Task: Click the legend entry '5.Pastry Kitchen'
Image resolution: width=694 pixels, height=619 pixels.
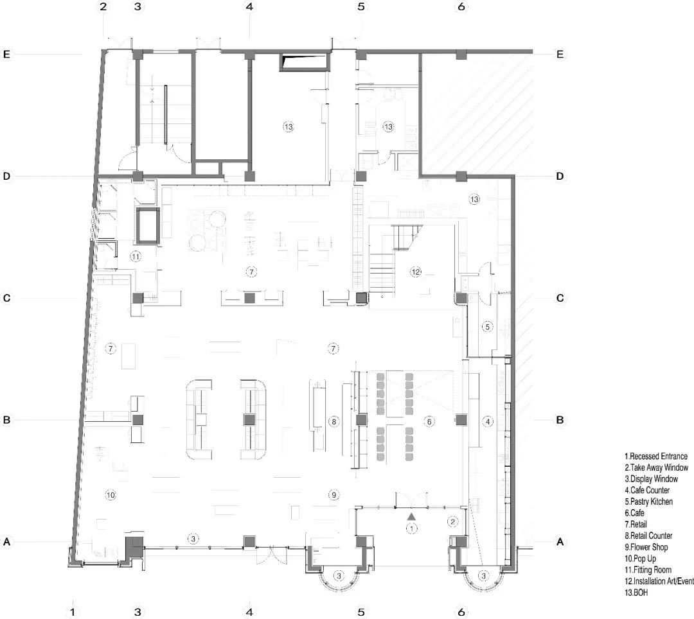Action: tap(648, 501)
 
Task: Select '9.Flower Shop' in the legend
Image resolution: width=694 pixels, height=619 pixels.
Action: tap(646, 547)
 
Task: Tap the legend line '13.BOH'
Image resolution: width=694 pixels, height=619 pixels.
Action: tap(636, 593)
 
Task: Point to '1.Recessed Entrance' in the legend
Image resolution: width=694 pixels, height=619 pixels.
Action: tap(656, 456)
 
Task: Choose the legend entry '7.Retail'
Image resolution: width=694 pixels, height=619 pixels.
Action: tap(636, 525)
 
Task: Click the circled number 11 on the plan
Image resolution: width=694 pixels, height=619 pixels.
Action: tap(136, 256)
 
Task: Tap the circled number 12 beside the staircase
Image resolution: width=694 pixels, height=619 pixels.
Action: tap(416, 272)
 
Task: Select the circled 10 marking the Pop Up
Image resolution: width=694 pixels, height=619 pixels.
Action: tap(111, 495)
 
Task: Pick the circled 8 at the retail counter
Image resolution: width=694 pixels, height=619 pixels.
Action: tap(334, 421)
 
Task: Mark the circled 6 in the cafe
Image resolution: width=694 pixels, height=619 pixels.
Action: tap(429, 422)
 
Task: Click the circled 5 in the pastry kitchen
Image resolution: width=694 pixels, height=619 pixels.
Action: tap(487, 327)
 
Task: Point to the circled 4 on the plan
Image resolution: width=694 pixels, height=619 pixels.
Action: tap(488, 422)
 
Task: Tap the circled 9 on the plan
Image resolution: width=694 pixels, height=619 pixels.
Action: tap(334, 495)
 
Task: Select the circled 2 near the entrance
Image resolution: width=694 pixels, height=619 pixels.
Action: tap(452, 522)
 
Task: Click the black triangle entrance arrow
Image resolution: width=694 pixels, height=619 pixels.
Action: tap(412, 516)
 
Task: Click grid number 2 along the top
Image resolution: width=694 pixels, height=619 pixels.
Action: tap(103, 6)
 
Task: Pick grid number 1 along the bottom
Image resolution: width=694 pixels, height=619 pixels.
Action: tap(73, 613)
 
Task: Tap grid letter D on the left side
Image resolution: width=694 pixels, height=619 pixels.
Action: tap(6, 177)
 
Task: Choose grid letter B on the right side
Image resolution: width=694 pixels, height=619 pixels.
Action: tap(560, 420)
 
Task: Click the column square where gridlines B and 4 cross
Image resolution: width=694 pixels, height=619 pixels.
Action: tap(249, 419)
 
